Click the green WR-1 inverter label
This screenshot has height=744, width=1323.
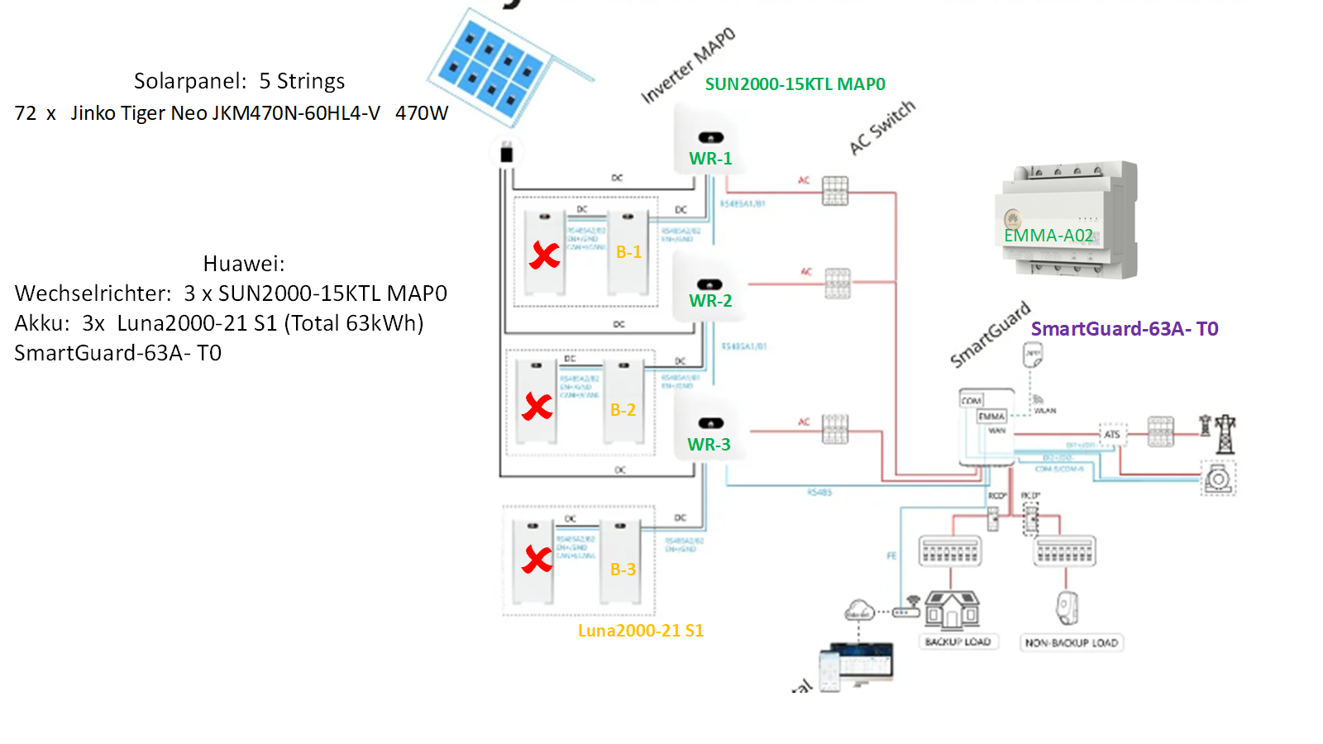coord(710,159)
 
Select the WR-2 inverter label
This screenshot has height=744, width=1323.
coord(710,301)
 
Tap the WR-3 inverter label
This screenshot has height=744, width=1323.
coord(709,445)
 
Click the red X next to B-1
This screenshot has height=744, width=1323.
coord(544,255)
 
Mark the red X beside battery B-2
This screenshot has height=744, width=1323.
coord(537,406)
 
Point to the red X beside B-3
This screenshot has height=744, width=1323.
coord(537,560)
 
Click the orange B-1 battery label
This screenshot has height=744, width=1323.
coord(628,252)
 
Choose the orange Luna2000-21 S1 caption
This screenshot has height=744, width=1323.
coord(640,631)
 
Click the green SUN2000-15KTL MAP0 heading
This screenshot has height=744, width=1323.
coord(795,84)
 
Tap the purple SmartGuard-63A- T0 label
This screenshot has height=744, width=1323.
coord(1124,329)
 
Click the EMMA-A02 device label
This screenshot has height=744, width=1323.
coord(1048,236)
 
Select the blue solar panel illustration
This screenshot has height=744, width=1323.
coord(493,68)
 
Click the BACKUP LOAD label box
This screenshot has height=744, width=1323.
coord(958,642)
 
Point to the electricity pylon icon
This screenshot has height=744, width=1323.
coord(1224,433)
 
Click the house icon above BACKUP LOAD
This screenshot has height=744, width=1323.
coord(953,611)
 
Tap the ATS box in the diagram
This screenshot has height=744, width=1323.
coord(1112,434)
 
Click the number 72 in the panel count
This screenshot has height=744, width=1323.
coord(26,113)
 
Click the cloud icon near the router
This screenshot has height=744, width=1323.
coord(859,612)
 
